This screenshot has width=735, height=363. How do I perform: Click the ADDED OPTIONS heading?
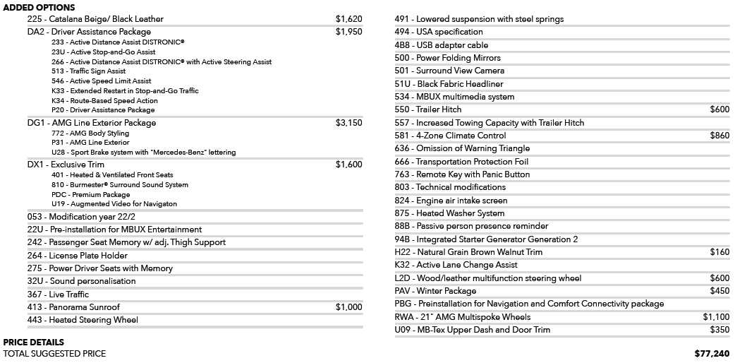tap(40, 7)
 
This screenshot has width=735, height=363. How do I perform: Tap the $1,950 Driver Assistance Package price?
tap(348, 32)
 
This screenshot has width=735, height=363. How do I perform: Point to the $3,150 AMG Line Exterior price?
tap(348, 123)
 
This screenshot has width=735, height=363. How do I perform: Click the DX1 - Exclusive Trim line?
tap(66, 165)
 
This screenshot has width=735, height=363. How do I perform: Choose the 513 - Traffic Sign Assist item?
tap(89, 71)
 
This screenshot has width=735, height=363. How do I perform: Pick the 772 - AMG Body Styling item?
tap(90, 133)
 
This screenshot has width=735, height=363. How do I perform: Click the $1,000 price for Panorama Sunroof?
tap(348, 307)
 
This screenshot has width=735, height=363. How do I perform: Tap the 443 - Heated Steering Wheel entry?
tap(83, 320)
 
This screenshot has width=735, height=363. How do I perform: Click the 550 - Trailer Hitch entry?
tap(428, 109)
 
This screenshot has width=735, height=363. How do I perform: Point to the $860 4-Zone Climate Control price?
tap(719, 136)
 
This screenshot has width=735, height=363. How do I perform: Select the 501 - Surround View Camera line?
tap(449, 71)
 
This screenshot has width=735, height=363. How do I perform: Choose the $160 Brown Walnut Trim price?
tap(719, 252)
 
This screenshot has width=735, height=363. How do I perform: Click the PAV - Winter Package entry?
tap(435, 291)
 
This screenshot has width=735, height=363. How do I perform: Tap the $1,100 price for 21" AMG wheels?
tap(716, 317)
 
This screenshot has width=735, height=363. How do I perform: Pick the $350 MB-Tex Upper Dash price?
tap(719, 330)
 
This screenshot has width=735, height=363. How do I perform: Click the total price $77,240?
tap(712, 353)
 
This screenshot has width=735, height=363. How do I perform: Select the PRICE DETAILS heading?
tap(34, 343)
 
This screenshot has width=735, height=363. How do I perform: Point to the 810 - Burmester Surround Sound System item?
tap(120, 184)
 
